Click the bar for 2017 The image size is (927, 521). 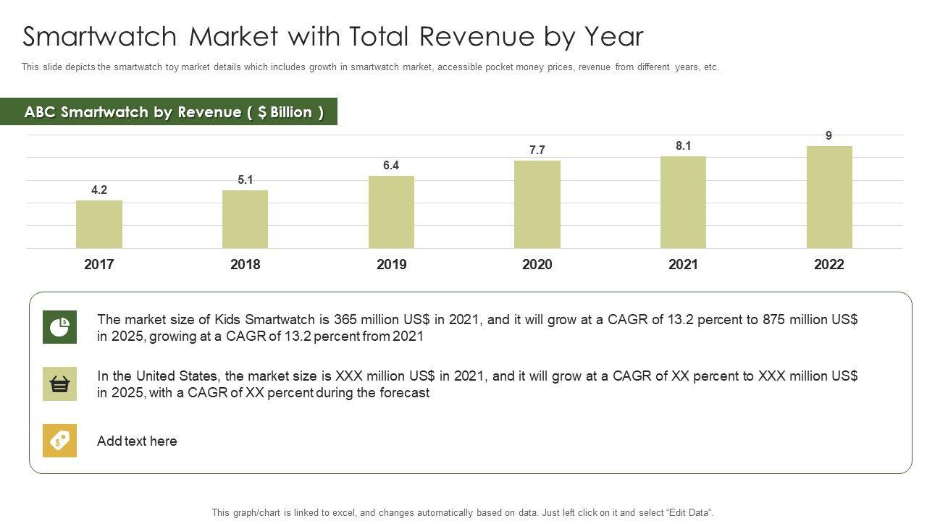click(99, 224)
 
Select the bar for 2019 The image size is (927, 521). click(391, 212)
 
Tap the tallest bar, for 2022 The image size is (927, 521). click(829, 198)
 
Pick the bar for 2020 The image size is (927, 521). click(537, 204)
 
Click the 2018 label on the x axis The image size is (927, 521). click(245, 265)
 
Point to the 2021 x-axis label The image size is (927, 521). click(683, 265)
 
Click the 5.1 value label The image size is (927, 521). click(246, 180)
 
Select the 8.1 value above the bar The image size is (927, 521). click(684, 146)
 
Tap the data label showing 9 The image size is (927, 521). click(829, 135)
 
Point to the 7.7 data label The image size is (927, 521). click(537, 151)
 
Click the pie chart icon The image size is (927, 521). click(59, 327)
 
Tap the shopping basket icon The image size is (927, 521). click(59, 384)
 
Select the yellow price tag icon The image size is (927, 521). click(59, 441)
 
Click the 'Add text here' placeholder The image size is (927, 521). click(137, 441)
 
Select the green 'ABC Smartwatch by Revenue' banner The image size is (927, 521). click(174, 112)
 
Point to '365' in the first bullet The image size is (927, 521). click(345, 320)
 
